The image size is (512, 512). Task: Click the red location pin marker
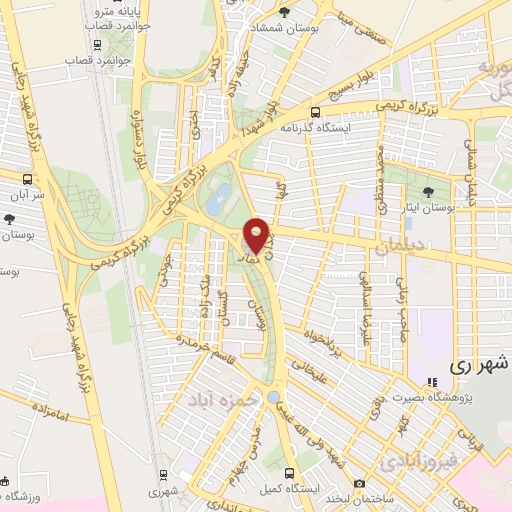point(258,236)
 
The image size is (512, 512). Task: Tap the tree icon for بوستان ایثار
point(428,190)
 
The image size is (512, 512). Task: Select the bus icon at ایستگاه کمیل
point(289,473)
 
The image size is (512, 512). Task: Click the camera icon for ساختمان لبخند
point(359,484)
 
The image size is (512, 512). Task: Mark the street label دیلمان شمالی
point(473,163)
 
